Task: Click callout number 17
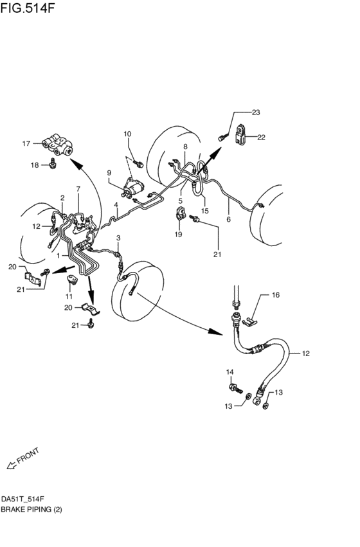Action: click(26, 143)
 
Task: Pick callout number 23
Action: click(256, 112)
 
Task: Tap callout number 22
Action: click(262, 137)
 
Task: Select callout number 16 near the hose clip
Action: click(276, 295)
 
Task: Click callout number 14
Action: click(230, 373)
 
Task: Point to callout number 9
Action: click(109, 172)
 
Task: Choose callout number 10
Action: click(127, 134)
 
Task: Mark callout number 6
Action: click(228, 219)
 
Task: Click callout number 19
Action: click(178, 235)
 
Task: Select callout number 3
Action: click(118, 238)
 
